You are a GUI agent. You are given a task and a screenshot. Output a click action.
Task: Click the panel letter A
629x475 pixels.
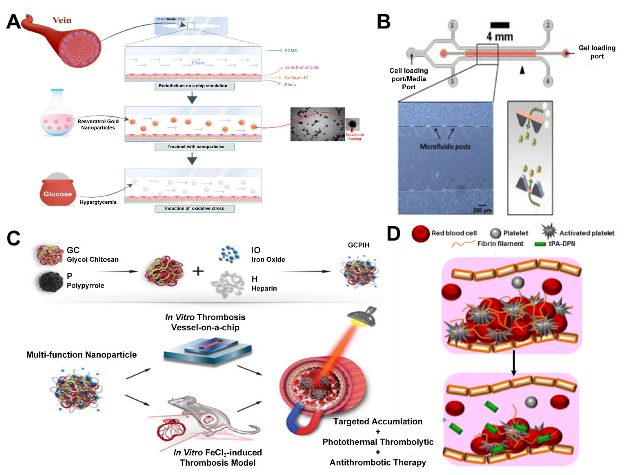(13, 22)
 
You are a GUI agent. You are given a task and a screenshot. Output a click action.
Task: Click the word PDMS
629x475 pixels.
(291, 51)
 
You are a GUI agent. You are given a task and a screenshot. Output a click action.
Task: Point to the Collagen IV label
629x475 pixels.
(296, 78)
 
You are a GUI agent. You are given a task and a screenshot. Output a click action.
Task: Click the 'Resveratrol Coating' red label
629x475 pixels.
(354, 137)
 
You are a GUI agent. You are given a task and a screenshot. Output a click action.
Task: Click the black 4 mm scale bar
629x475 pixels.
(500, 25)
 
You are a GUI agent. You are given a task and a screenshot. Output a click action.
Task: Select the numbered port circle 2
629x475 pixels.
(548, 25)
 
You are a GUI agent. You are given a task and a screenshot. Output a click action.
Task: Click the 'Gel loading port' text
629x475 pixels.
(597, 52)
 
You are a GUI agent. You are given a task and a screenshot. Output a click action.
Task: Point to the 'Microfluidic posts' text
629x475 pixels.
(445, 147)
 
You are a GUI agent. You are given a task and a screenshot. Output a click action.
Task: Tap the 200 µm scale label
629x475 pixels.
(482, 210)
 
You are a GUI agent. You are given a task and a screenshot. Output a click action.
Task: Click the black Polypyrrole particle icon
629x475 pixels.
(50, 282)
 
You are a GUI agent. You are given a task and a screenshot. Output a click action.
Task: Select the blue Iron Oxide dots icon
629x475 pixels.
(229, 254)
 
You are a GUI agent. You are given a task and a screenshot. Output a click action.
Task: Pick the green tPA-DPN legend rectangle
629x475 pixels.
(540, 244)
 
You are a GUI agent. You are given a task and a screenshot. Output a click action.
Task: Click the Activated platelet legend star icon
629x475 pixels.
(549, 231)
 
